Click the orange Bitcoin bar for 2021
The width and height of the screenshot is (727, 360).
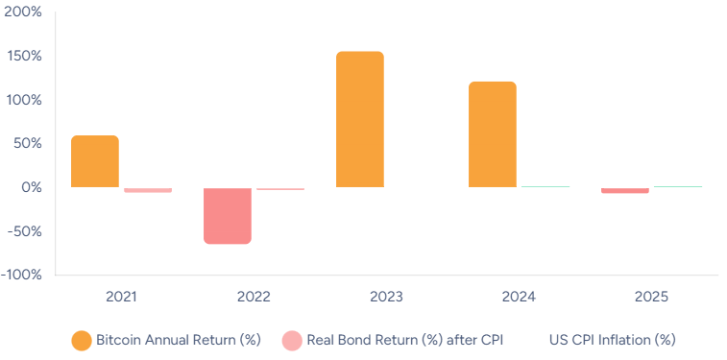[x=95, y=161]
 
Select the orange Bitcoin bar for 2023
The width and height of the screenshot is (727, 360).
[x=360, y=119]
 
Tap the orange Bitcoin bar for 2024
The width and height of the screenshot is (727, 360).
[x=493, y=134]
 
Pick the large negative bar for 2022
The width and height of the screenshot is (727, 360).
[x=228, y=216]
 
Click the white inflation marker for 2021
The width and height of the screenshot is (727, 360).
[x=122, y=181]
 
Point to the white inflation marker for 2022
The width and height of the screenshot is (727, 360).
[x=254, y=182]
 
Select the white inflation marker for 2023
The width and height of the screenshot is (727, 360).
[x=386, y=184]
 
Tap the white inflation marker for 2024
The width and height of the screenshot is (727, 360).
[x=519, y=185]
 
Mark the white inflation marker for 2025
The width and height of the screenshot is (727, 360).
[x=651, y=185]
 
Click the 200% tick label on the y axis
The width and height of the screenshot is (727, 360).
[x=24, y=12]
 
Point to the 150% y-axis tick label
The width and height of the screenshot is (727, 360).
[x=24, y=57]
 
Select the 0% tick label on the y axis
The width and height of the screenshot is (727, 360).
[x=29, y=188]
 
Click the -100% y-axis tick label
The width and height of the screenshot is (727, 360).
[x=21, y=276]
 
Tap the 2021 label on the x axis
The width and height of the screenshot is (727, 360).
[x=122, y=297]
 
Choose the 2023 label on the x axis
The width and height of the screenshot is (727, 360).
[x=386, y=297]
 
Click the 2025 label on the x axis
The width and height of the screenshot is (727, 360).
[x=651, y=297]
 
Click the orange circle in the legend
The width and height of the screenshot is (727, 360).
[x=82, y=340]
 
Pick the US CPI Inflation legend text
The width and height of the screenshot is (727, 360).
[x=613, y=340]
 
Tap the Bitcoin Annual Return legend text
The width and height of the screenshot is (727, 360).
[x=180, y=340]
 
